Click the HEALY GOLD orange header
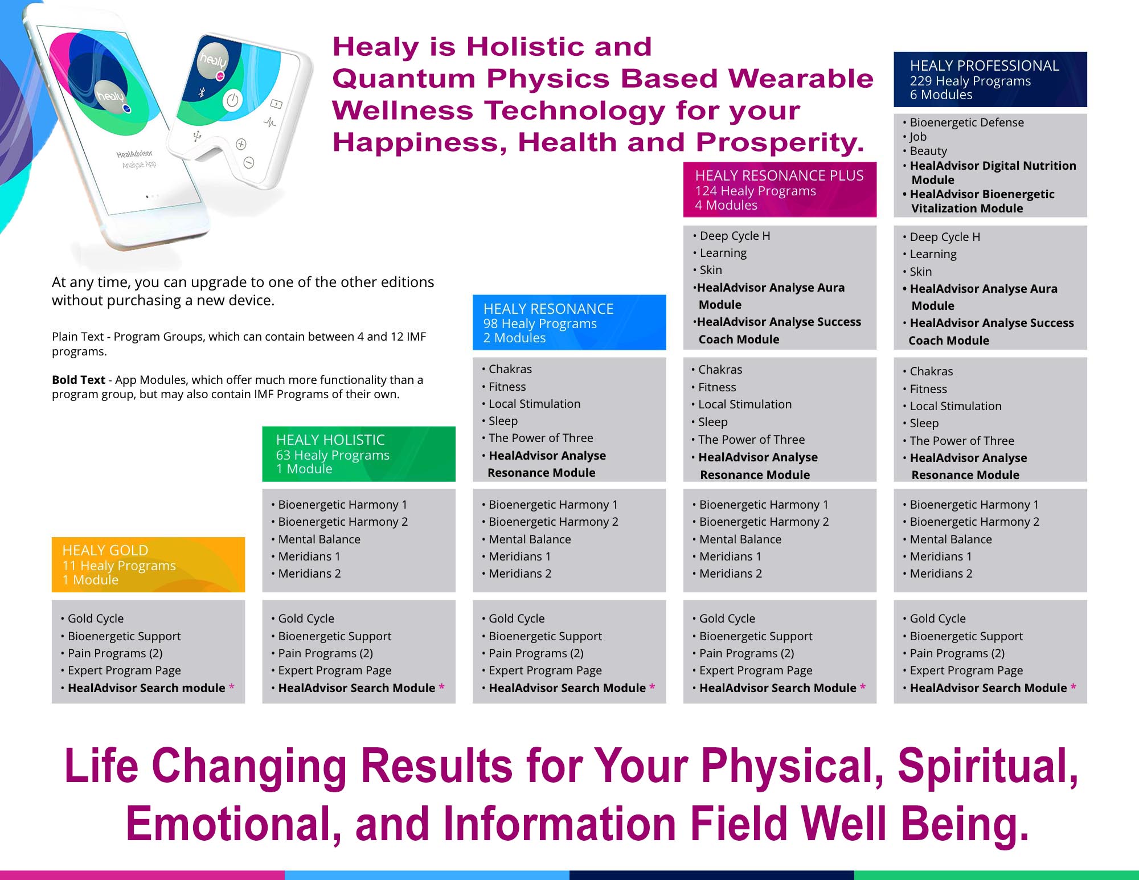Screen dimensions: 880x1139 (x=148, y=564)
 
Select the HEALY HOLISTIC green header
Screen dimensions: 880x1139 (x=359, y=454)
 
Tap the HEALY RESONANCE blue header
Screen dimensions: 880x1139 (x=569, y=322)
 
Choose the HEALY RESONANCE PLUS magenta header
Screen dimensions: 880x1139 (x=780, y=190)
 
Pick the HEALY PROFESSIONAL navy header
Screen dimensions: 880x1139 (x=990, y=79)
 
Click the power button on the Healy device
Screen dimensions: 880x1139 (x=232, y=101)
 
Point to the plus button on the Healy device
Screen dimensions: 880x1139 (x=241, y=144)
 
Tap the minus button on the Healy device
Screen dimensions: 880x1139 (x=249, y=163)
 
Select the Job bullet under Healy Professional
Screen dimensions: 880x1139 (x=918, y=137)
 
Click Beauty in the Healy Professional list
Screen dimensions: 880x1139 (x=928, y=151)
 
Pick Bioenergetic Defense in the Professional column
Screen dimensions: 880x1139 (x=966, y=122)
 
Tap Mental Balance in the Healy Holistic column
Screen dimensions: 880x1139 (x=319, y=539)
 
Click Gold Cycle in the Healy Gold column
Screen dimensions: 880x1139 (x=95, y=619)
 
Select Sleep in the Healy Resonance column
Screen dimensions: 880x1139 (x=503, y=421)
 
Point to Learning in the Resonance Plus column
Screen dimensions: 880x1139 (x=723, y=253)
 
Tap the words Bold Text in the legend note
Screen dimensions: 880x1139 (x=79, y=380)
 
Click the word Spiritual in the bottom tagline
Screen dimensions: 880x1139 (x=988, y=766)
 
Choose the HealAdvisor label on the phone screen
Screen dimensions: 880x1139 (x=134, y=154)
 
